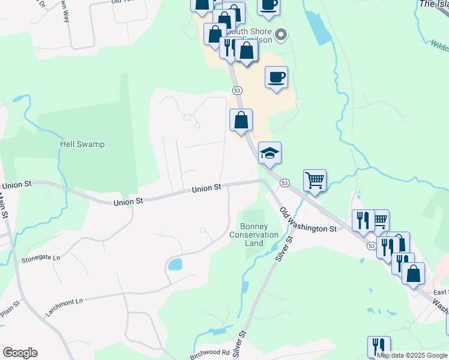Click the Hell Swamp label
pyautogui.click(x=82, y=144)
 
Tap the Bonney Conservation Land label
pyautogui.click(x=254, y=235)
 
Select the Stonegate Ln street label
pyautogui.click(x=41, y=259)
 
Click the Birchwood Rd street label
pyautogui.click(x=210, y=353)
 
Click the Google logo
pyautogui.click(x=20, y=353)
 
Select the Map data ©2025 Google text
pyautogui.click(x=412, y=355)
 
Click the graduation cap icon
pyautogui.click(x=270, y=153)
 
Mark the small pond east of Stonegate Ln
pyautogui.click(x=175, y=264)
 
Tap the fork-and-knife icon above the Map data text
pyautogui.click(x=379, y=346)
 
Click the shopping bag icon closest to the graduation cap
pyautogui.click(x=241, y=119)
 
